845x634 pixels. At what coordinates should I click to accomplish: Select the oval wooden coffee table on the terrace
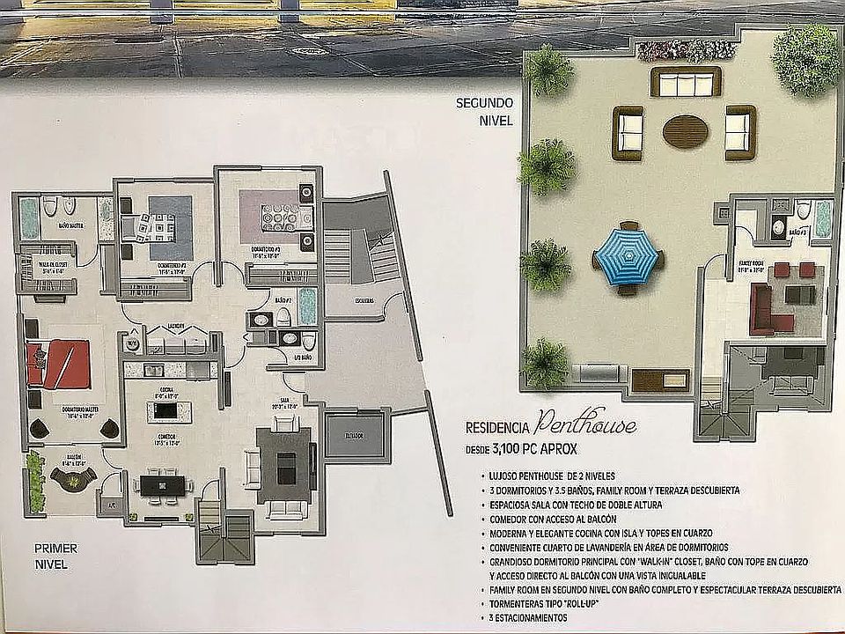(x=685, y=132)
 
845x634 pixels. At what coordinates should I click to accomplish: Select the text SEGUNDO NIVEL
(x=483, y=110)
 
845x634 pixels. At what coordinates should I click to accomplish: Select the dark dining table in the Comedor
(x=164, y=483)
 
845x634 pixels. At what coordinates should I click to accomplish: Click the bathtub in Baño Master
(x=30, y=217)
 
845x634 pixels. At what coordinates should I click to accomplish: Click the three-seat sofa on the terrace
(x=686, y=84)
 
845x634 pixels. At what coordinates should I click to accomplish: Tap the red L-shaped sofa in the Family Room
(x=764, y=308)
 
